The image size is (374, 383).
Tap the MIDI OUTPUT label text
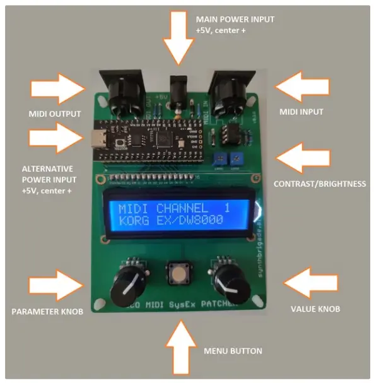tap(56, 114)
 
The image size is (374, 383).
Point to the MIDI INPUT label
tap(300, 112)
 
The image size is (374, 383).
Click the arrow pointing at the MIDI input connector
tap(301, 86)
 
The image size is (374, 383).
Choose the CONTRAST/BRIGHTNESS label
tap(319, 184)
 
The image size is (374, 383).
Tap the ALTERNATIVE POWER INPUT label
tap(48, 179)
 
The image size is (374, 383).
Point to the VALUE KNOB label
tap(315, 309)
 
